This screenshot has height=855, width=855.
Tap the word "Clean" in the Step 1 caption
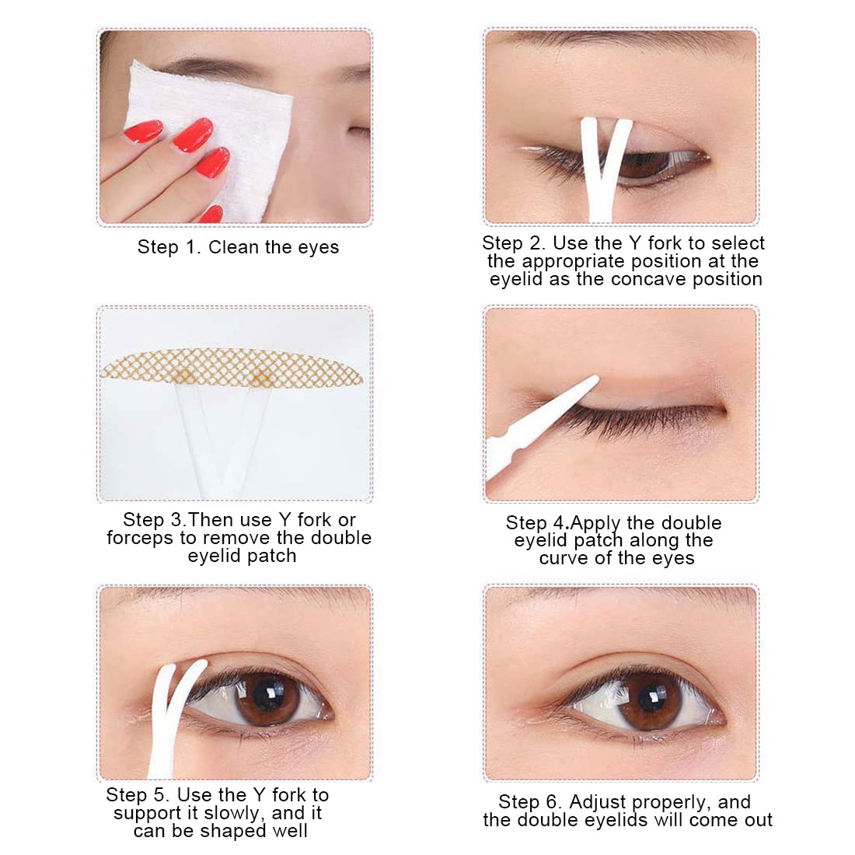(233, 247)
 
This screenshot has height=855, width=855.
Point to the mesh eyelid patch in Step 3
(232, 368)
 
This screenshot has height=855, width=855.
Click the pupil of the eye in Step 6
(652, 700)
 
